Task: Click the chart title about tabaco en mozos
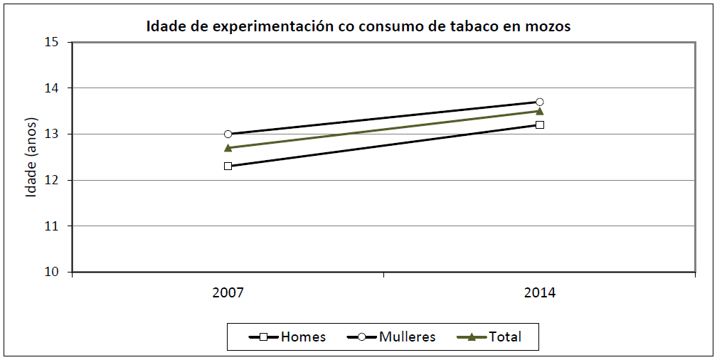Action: [358, 27]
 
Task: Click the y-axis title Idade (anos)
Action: [31, 157]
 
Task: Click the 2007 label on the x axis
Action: [228, 292]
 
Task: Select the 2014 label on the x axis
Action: [539, 292]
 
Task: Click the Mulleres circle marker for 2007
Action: [228, 134]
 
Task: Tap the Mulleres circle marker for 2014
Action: [539, 102]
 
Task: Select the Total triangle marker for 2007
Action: [228, 148]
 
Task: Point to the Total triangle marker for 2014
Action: [539, 111]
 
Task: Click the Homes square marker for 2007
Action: [228, 166]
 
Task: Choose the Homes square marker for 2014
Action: [539, 125]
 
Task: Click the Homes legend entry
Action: [287, 337]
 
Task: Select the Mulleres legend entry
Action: [391, 337]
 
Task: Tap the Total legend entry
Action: [491, 337]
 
